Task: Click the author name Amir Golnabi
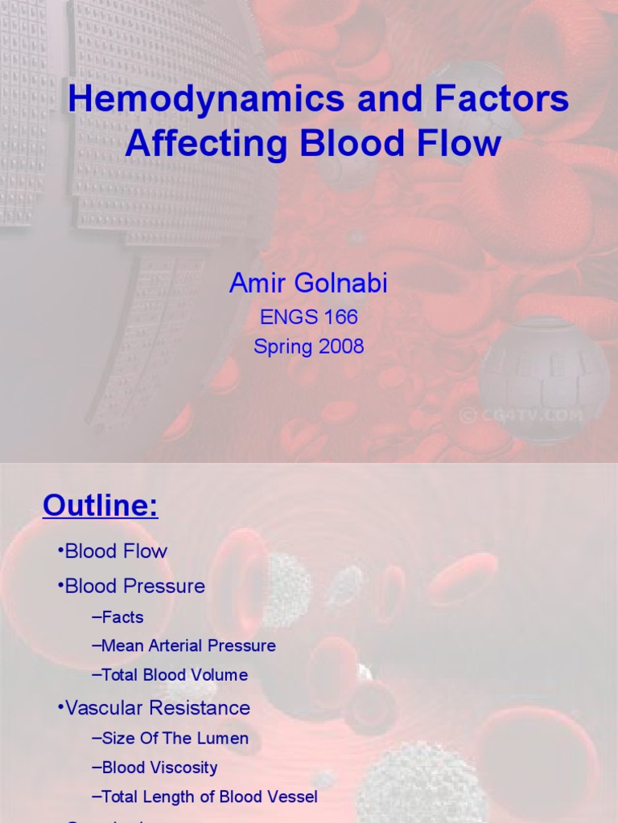pos(308,284)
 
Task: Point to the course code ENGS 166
pos(308,317)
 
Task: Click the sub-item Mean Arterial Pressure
pos(188,645)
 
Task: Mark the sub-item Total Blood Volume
pos(174,675)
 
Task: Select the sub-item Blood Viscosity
pos(159,768)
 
